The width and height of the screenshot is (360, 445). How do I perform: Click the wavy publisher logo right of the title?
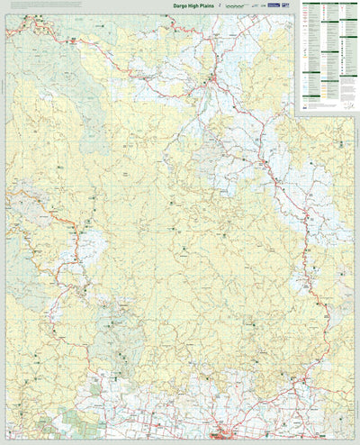237,7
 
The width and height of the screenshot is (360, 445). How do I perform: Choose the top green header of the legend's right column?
346,4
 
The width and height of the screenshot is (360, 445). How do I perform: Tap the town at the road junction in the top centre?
212,83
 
